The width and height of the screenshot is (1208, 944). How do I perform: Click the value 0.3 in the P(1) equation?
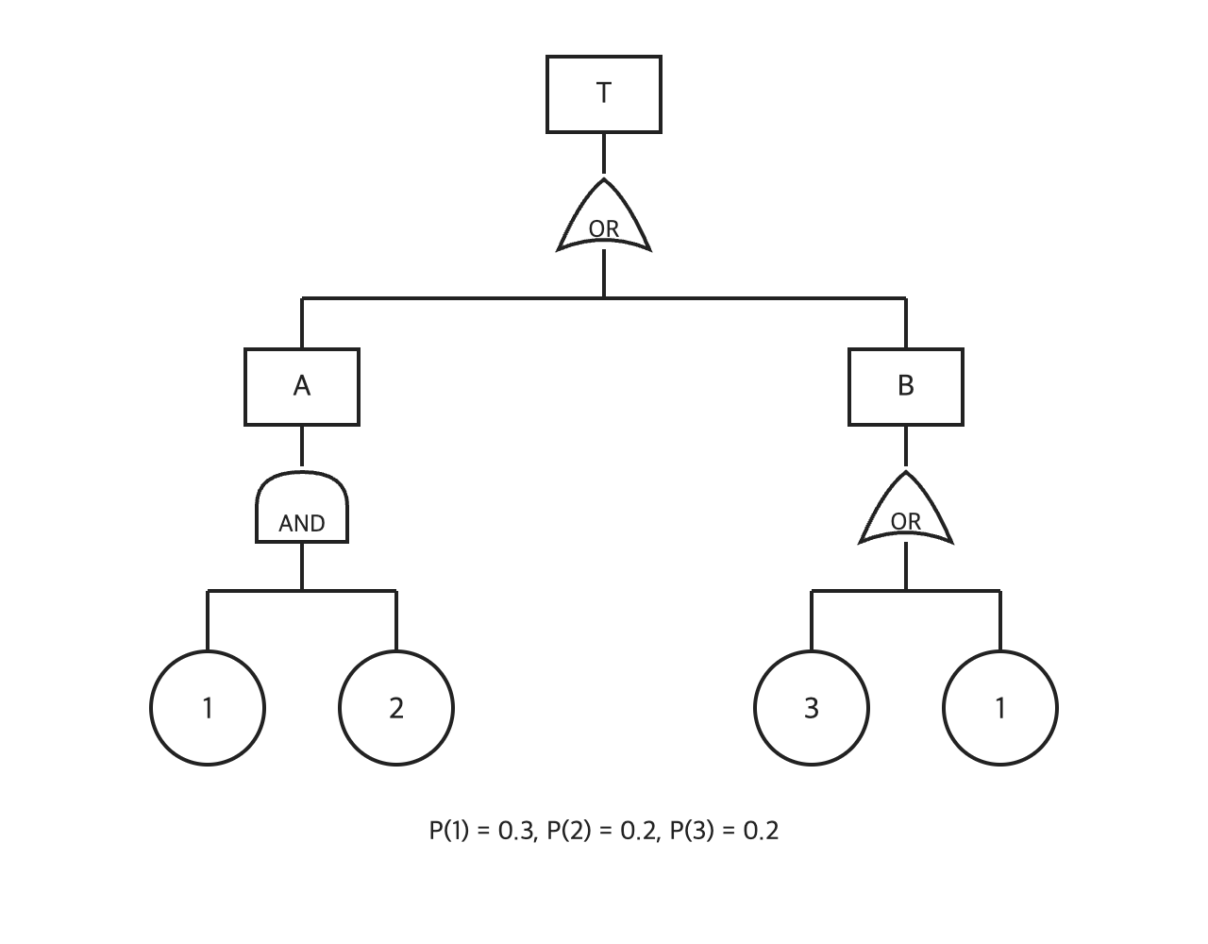[516, 831]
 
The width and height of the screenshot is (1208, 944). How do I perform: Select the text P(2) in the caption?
[569, 831]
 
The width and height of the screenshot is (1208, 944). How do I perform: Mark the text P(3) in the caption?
[692, 831]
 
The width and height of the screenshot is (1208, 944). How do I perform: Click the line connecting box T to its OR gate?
[604, 154]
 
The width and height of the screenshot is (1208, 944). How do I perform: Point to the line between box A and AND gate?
[302, 446]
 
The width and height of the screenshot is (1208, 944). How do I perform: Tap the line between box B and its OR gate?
[906, 446]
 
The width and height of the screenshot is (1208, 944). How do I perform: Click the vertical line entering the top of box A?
[302, 323]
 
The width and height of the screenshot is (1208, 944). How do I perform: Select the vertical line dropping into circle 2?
[396, 620]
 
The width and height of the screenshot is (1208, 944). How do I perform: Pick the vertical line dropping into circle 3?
[812, 620]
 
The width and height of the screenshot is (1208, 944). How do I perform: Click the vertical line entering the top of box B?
[906, 323]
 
